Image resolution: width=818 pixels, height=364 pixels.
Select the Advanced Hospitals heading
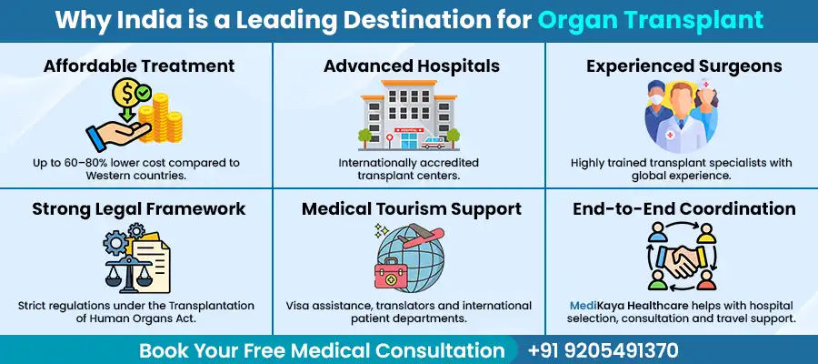[x=409, y=66]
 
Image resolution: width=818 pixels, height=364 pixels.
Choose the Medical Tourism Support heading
[x=409, y=208]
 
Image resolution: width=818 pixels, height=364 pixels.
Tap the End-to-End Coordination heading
[x=683, y=208]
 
